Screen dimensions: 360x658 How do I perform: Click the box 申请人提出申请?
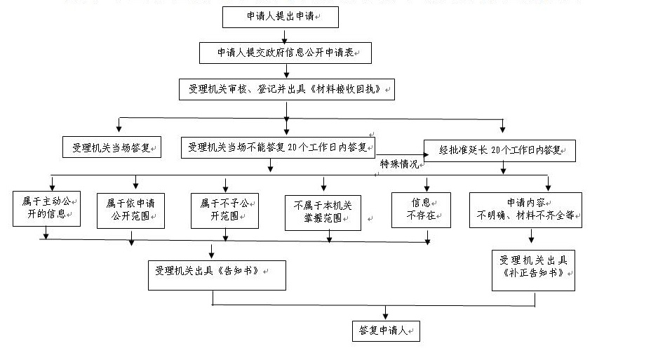click(280, 17)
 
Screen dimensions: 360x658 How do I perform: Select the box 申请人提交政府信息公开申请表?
click(284, 53)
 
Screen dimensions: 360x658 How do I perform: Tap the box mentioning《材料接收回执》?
click(286, 89)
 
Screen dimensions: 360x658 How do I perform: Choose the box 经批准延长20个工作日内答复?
click(499, 149)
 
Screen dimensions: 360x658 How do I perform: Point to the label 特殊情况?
click(398, 164)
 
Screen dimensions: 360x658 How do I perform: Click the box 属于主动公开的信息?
click(47, 208)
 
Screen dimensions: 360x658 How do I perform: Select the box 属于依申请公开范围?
click(130, 209)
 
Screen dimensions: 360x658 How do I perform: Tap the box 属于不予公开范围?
click(224, 209)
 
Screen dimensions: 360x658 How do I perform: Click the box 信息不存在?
click(420, 209)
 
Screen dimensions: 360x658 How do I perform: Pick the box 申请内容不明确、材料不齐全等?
click(526, 209)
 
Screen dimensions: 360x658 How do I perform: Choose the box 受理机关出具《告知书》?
click(217, 274)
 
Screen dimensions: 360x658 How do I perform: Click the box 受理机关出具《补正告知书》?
click(534, 270)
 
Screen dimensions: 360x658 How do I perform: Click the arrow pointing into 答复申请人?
click(385, 313)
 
